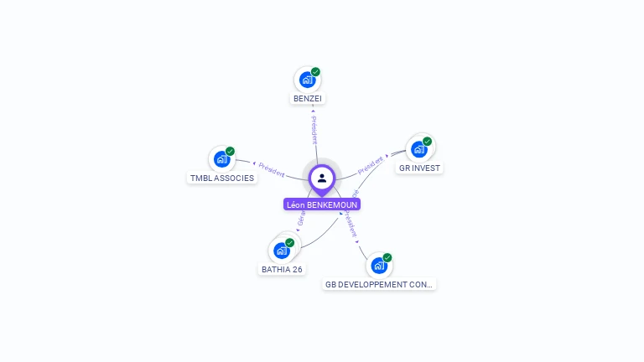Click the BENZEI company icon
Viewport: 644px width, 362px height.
coord(307,80)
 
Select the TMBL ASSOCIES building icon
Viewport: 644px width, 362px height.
coord(221,159)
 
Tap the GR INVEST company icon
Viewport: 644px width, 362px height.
coord(418,149)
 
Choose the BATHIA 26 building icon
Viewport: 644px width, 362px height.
coord(282,251)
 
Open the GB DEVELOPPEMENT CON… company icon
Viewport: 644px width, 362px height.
coord(379,266)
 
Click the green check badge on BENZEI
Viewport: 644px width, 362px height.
coord(315,72)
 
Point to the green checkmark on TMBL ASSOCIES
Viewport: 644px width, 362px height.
coord(230,152)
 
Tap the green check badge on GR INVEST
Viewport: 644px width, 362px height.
coord(427,142)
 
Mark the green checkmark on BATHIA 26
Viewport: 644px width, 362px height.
coord(290,243)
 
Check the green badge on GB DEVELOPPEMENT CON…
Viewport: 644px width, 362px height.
coord(387,258)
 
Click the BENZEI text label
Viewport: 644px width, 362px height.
coord(308,99)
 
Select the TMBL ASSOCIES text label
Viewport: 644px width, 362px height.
coord(222,178)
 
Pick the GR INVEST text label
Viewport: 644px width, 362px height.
coord(419,168)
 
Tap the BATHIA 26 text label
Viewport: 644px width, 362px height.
coord(282,270)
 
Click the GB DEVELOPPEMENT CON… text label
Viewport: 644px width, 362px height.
coord(380,285)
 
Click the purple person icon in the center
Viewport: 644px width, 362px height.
coord(322,178)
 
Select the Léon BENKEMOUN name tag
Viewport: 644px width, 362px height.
coord(322,204)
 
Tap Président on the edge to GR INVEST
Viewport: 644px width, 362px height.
coord(371,164)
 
